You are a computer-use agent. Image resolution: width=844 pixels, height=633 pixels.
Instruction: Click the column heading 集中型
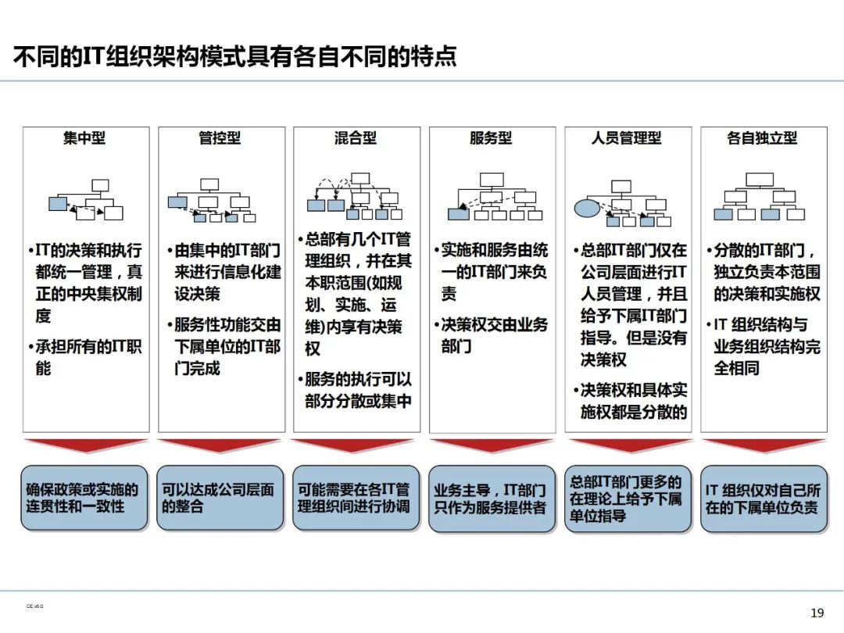(x=84, y=138)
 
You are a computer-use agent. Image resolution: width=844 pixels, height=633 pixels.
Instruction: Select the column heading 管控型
(x=220, y=138)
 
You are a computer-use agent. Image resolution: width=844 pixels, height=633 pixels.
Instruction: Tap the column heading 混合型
(x=356, y=138)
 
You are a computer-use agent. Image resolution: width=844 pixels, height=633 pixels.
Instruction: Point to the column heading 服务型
(x=491, y=138)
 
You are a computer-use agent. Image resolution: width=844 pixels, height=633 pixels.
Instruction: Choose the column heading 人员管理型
(x=627, y=138)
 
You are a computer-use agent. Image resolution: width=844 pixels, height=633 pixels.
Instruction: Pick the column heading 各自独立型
(x=762, y=138)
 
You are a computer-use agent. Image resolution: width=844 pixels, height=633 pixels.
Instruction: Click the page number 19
(x=817, y=612)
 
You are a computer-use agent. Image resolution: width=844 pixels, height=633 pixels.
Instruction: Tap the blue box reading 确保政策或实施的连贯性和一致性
(x=84, y=499)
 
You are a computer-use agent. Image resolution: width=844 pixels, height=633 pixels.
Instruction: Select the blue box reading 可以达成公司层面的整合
(x=220, y=499)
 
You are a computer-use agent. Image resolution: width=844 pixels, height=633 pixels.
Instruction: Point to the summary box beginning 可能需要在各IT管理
(x=356, y=499)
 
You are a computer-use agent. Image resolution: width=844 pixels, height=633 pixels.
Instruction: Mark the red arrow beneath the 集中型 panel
(x=84, y=445)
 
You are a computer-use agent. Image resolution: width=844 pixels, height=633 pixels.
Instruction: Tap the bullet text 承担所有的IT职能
(x=88, y=356)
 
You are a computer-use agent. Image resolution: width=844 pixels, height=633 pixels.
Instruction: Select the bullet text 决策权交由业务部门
(x=494, y=334)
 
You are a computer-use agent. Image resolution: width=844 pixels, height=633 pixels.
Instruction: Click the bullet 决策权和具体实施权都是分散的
(x=632, y=401)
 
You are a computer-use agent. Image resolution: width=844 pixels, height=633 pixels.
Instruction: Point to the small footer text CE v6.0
(x=35, y=606)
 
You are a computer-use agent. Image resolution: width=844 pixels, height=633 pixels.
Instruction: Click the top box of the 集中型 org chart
(x=100, y=185)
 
